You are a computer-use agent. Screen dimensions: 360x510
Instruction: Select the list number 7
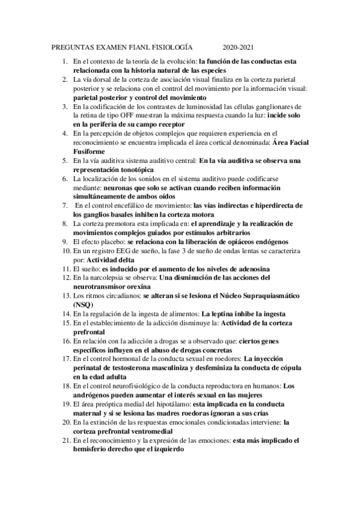pos(65,205)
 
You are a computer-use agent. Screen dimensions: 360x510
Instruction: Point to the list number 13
pos(64,296)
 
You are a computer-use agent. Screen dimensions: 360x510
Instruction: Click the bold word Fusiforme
pos(90,153)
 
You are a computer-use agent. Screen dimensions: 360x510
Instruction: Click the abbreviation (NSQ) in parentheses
pos(82,305)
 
